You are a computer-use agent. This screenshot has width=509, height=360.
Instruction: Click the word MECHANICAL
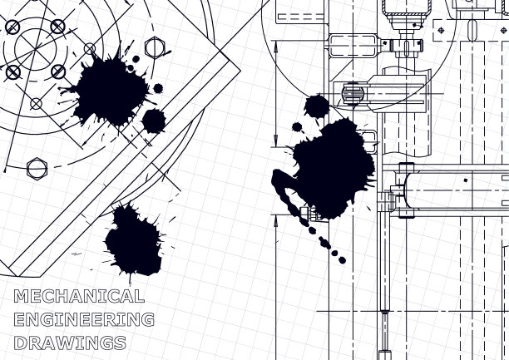79,296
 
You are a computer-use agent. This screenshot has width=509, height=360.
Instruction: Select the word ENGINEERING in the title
84,319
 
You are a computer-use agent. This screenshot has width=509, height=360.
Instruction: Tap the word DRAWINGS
70,343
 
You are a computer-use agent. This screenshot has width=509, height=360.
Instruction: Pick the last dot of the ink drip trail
342,260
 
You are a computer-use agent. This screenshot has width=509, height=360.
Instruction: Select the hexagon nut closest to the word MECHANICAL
37,169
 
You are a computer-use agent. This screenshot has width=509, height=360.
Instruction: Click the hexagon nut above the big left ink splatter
155,48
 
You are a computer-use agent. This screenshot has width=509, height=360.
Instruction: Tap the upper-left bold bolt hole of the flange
12,27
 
